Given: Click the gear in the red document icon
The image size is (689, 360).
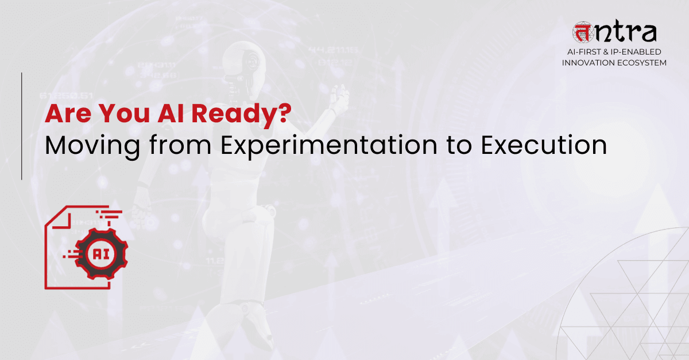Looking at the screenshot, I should [102, 253].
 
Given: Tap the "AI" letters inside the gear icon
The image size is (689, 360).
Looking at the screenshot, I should [102, 253].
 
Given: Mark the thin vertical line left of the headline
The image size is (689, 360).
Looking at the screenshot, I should [22, 126].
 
